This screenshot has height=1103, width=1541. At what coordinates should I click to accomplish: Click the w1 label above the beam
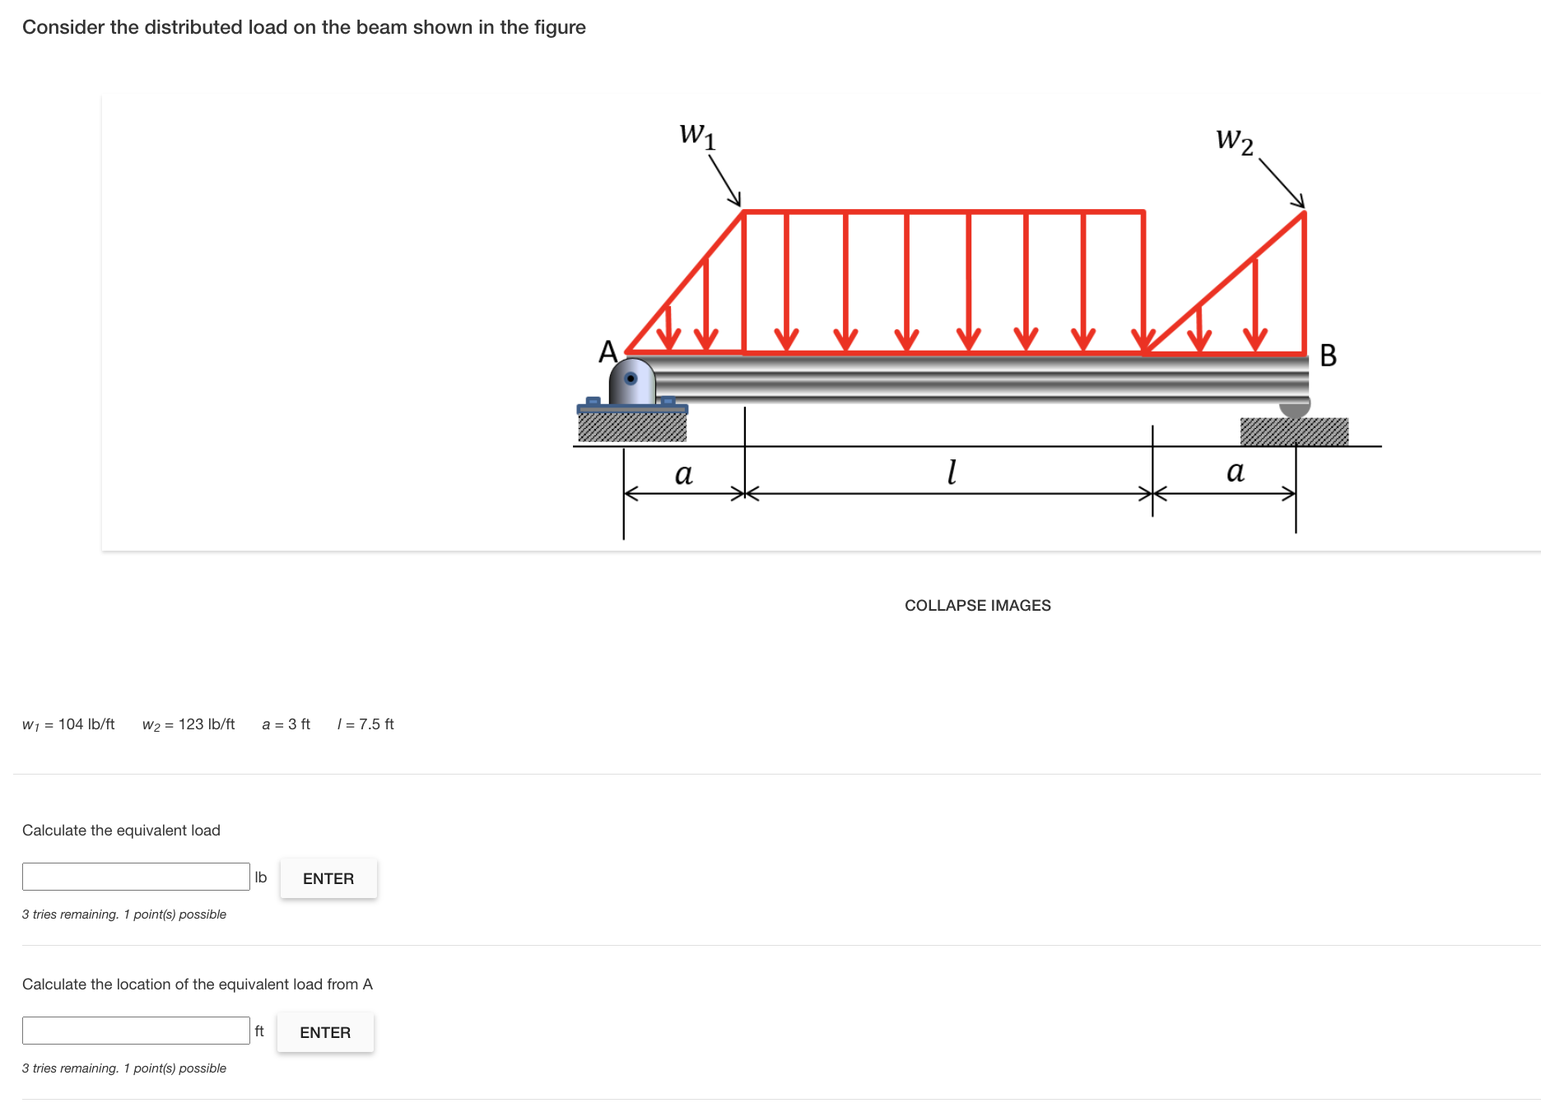point(697,135)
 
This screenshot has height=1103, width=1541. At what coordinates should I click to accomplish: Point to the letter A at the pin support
point(608,352)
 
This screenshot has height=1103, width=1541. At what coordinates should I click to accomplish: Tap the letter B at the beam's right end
point(1328,356)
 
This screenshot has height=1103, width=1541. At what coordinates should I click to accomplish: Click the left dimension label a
point(683,474)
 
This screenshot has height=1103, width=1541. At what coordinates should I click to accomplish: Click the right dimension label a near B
point(1235,472)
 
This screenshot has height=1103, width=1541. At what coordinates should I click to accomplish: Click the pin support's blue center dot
point(631,379)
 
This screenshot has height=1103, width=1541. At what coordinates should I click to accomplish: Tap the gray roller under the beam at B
point(1295,407)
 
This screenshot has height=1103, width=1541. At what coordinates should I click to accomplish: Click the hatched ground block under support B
point(1294,431)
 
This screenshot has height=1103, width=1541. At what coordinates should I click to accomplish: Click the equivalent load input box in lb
point(136,877)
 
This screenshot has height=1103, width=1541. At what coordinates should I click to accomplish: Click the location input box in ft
point(136,1031)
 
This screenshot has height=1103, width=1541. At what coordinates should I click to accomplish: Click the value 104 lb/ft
point(86,724)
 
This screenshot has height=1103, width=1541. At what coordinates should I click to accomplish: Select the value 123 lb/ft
point(207,724)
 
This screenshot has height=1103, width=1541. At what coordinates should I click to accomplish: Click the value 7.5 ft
point(376,724)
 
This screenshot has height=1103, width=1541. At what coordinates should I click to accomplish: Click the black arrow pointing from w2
point(1282,184)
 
